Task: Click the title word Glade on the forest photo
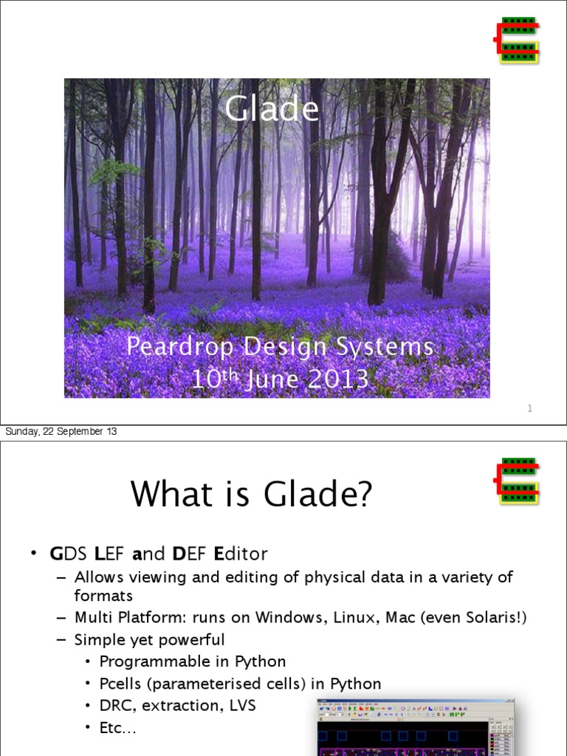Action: pyautogui.click(x=272, y=110)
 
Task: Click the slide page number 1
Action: pyautogui.click(x=530, y=408)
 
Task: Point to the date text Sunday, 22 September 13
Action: pyautogui.click(x=61, y=432)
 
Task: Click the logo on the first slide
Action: pyautogui.click(x=517, y=39)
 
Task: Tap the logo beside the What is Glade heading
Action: pyautogui.click(x=517, y=481)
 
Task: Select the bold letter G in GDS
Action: pyautogui.click(x=55, y=554)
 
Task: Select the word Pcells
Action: pyautogui.click(x=120, y=684)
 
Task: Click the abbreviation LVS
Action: pyautogui.click(x=240, y=706)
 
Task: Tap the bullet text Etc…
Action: pyautogui.click(x=118, y=729)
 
